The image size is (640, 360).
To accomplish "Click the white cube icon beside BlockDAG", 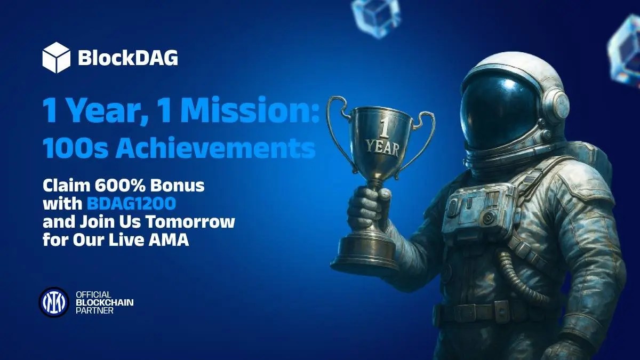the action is coord(57,58).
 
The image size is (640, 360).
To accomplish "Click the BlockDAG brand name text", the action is coord(128,58).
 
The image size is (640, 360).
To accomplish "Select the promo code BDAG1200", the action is coord(131,204).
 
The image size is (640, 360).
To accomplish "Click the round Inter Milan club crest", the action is coord(54,302).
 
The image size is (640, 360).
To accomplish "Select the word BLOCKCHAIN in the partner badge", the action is coord(105,302).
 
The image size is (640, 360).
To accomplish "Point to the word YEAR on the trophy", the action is coord(383,148).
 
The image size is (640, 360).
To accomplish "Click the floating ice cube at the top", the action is coord(376,18).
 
